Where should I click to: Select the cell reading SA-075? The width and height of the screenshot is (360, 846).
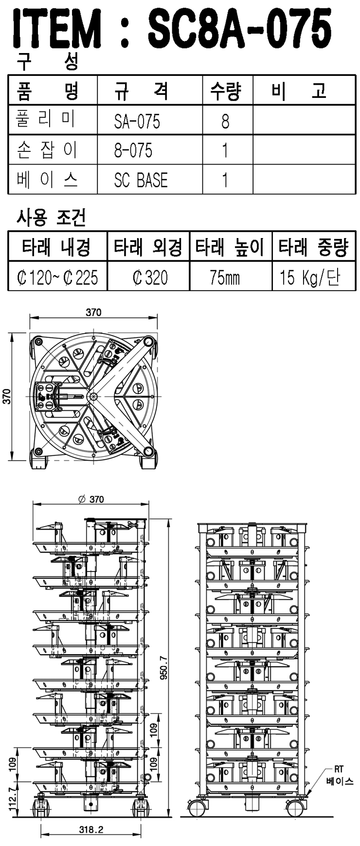[x=137, y=121]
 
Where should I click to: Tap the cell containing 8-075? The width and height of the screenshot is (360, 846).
[x=133, y=150]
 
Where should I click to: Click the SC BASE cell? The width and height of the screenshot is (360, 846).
[x=141, y=180]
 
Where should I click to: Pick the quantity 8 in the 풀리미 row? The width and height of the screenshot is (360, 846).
[x=225, y=121]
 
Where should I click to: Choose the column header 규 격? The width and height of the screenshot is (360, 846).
[x=141, y=91]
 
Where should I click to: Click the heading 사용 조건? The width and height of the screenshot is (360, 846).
[x=52, y=218]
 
